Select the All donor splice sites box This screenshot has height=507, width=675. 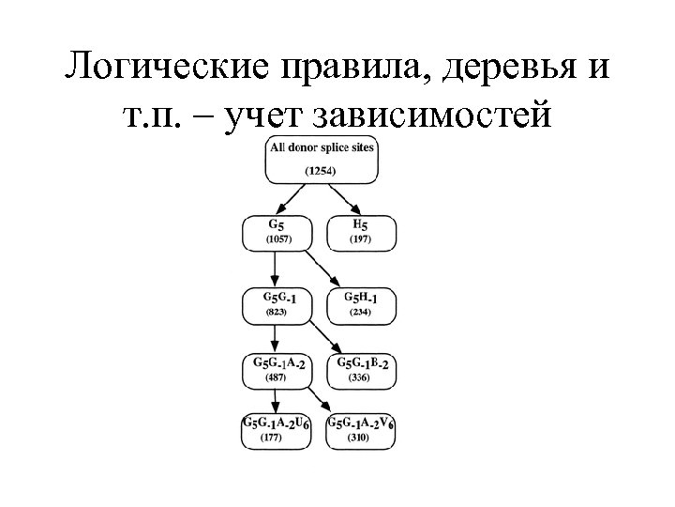(x=322, y=159)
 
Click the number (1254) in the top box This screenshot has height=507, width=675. (x=322, y=171)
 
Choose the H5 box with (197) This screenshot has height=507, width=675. (x=360, y=233)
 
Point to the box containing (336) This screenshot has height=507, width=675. (x=360, y=370)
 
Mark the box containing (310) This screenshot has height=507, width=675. (x=361, y=431)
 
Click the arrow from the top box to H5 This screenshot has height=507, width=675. (x=344, y=198)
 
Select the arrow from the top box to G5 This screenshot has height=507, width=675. (x=294, y=198)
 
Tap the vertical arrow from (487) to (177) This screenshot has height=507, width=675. (x=275, y=400)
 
